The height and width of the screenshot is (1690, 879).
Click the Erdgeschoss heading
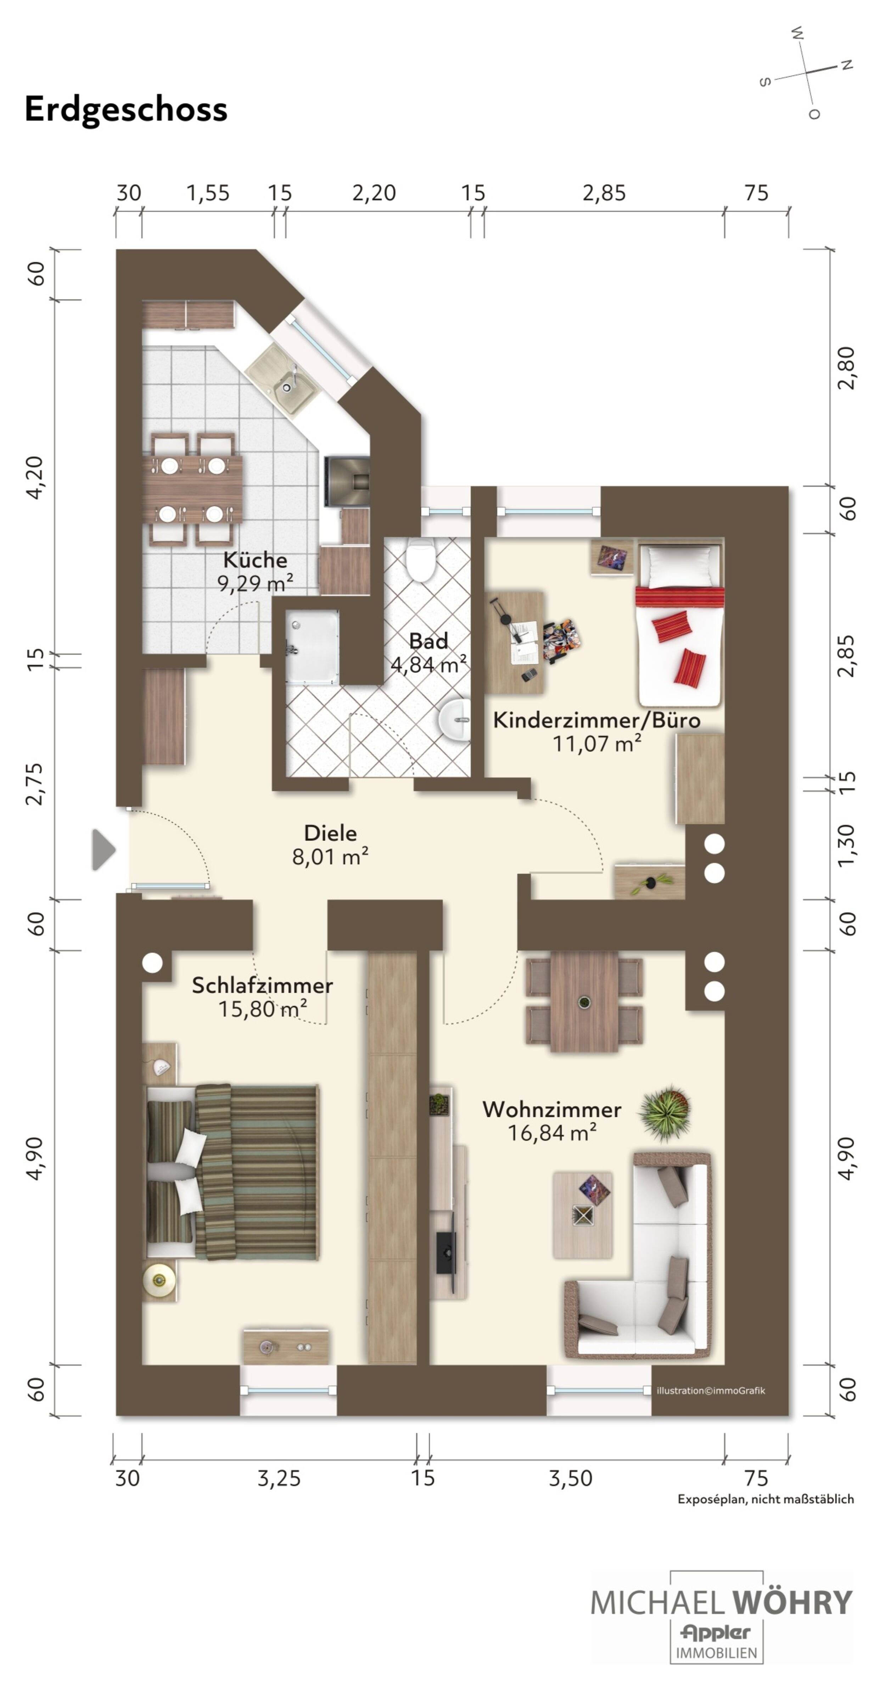click(126, 109)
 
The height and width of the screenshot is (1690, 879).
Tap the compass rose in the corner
click(807, 72)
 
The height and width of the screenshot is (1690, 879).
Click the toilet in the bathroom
click(420, 561)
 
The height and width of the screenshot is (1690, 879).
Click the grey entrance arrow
click(103, 850)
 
